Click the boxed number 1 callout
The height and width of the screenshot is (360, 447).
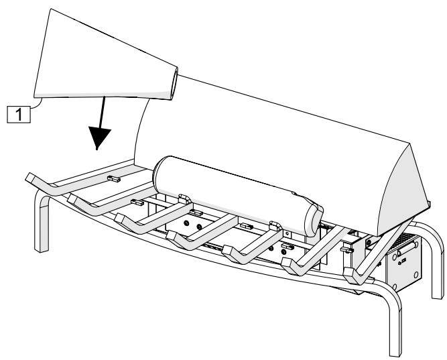coord(19,114)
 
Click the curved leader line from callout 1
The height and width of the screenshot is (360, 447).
coord(36,104)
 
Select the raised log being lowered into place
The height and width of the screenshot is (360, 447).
coord(105,57)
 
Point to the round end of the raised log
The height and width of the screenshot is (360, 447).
coord(174,84)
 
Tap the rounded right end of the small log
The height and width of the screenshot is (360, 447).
coord(314,221)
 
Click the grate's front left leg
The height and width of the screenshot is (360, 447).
coord(42,220)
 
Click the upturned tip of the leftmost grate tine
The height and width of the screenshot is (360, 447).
coord(31,178)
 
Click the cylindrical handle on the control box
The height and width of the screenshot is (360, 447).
coord(407,249)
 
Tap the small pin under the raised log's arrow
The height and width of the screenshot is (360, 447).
coord(114,179)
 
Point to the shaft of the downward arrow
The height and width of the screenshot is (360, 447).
coord(102,112)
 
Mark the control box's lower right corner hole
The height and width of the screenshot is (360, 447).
coord(416,274)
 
